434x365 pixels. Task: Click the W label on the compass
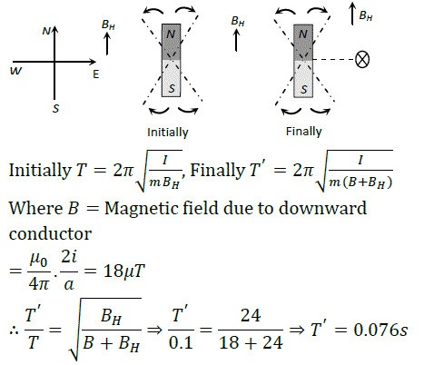(15, 71)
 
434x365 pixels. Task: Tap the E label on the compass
(96, 74)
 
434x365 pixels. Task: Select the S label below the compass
(55, 108)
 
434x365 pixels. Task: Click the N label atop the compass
(46, 31)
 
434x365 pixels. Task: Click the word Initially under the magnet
(168, 133)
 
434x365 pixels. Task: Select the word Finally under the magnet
(303, 132)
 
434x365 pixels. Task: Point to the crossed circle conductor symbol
(362, 59)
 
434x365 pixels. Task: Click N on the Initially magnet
(171, 35)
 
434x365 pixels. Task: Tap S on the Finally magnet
(303, 89)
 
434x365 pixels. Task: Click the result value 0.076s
(380, 330)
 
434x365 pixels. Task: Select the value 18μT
(124, 271)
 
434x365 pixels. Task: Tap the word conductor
(50, 233)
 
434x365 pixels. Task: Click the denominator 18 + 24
(251, 342)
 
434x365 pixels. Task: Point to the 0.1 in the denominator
(181, 342)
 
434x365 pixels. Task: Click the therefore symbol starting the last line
(14, 330)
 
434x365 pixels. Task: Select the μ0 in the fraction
(39, 260)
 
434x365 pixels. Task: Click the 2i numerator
(69, 257)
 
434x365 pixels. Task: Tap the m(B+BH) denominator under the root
(360, 182)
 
